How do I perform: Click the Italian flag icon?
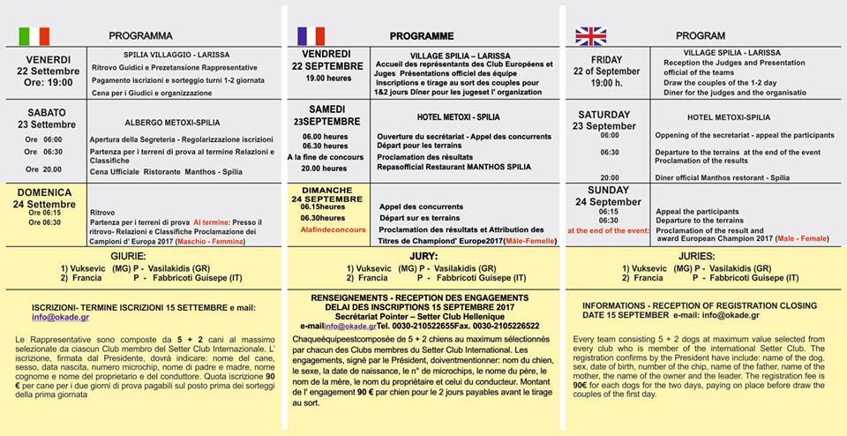[34, 35]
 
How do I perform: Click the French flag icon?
[311, 35]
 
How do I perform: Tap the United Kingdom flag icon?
[590, 35]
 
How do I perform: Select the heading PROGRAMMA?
[140, 36]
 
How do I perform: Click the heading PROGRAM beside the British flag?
[700, 36]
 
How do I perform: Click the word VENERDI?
[48, 59]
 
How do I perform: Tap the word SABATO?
[49, 113]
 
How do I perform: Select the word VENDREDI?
[327, 54]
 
